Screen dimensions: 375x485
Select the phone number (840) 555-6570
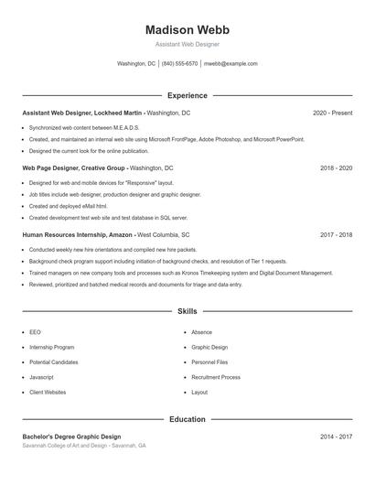click(x=180, y=64)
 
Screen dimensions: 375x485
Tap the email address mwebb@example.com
click(x=230, y=64)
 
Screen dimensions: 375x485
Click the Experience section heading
click(x=187, y=95)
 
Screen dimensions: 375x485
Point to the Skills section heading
click(x=187, y=312)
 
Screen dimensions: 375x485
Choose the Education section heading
click(x=187, y=419)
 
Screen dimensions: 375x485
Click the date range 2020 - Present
click(x=332, y=113)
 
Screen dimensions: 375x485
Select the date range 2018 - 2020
click(x=336, y=168)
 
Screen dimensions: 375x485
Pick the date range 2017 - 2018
click(x=336, y=235)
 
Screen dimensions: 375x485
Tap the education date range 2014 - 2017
click(x=336, y=437)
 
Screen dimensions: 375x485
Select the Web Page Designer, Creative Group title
click(x=74, y=168)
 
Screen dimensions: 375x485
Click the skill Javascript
click(x=41, y=377)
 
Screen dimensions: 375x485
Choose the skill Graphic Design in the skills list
click(x=209, y=348)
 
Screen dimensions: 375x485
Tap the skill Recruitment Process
click(x=216, y=377)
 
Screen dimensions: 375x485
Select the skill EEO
click(x=35, y=332)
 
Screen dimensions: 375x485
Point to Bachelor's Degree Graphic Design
click(x=71, y=437)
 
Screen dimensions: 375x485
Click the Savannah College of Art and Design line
click(x=83, y=446)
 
